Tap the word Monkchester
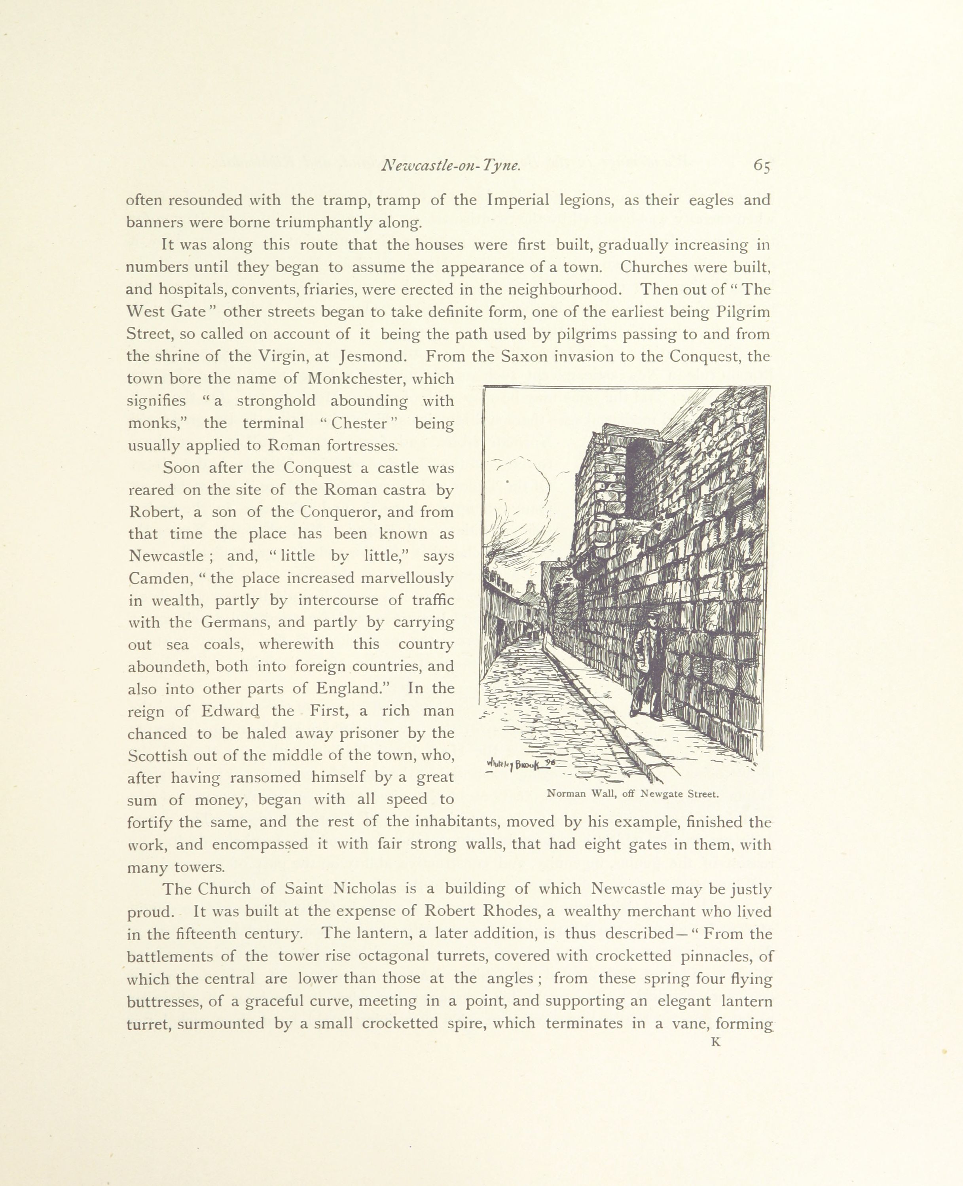tap(352, 379)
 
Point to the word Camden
tap(160, 579)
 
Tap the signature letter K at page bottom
tap(716, 1042)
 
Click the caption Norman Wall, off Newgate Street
tap(632, 794)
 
